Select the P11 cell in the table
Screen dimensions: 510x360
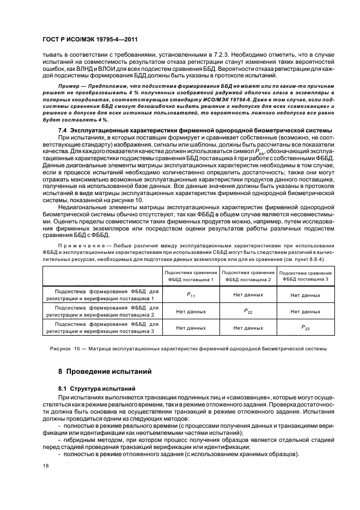point(191,295)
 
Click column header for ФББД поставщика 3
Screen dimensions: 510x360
point(305,275)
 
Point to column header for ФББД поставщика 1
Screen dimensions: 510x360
point(191,275)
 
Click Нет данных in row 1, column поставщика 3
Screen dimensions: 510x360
point(305,295)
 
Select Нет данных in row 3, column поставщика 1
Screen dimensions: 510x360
point(191,328)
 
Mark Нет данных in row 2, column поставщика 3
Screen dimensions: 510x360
point(305,312)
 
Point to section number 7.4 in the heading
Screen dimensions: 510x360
point(63,130)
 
